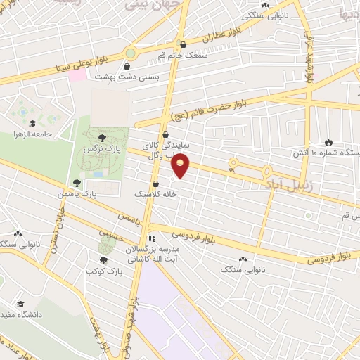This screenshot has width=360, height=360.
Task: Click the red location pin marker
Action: click(181, 166)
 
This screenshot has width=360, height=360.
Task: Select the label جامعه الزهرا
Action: click(32, 133)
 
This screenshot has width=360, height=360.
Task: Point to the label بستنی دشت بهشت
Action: click(157, 75)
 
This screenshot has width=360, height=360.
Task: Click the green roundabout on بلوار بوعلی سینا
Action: click(130, 53)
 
